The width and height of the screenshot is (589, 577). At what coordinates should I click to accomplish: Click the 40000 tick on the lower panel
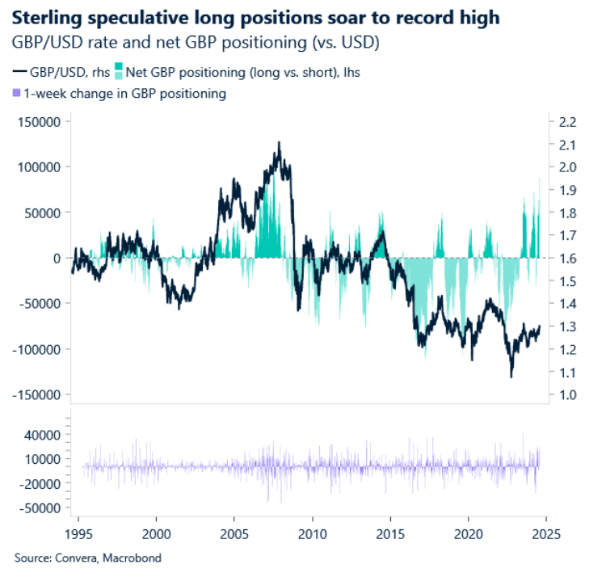click(x=42, y=435)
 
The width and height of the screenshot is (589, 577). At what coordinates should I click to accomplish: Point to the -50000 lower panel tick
click(x=40, y=508)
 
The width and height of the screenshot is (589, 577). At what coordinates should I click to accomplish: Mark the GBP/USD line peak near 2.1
click(x=279, y=142)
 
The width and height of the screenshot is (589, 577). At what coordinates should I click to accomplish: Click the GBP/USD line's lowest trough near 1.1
click(x=511, y=377)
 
